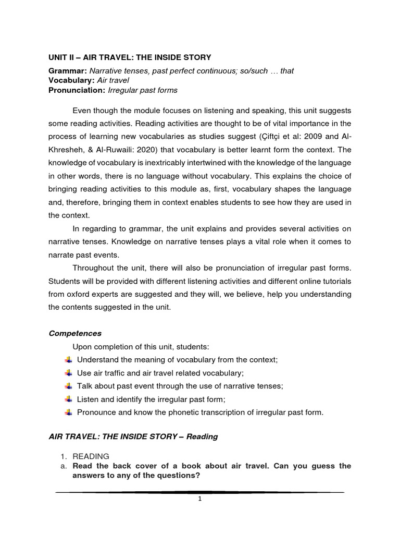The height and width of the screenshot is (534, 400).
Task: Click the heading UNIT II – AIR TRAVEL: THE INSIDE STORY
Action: click(130, 57)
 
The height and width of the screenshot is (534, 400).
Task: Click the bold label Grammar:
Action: click(68, 71)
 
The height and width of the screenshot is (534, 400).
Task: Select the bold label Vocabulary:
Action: click(71, 80)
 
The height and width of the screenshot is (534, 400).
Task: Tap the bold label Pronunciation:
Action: click(77, 90)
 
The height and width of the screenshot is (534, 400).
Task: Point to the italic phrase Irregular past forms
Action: click(142, 90)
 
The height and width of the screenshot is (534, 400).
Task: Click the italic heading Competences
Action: click(74, 333)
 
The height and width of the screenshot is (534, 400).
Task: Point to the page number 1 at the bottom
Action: click(199, 499)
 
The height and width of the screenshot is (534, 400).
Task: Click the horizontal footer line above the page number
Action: click(199, 492)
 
